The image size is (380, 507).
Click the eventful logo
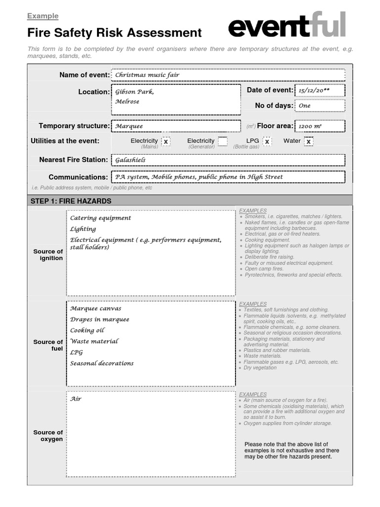pyautogui.click(x=286, y=26)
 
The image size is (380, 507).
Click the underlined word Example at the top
pyautogui.click(x=43, y=16)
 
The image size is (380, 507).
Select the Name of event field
pyautogui.click(x=228, y=75)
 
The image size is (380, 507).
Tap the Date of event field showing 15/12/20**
pyautogui.click(x=320, y=91)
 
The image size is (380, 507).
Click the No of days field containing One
pyautogui.click(x=320, y=105)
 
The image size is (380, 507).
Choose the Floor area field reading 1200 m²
pyautogui.click(x=320, y=126)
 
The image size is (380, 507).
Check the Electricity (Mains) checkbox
pyautogui.click(x=166, y=142)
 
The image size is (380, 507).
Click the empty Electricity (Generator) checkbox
pyautogui.click(x=223, y=142)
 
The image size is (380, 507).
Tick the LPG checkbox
pyautogui.click(x=267, y=142)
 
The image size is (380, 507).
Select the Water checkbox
pyautogui.click(x=308, y=142)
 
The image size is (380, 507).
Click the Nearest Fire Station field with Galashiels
pyautogui.click(x=228, y=160)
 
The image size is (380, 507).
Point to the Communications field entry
pyautogui.click(x=228, y=177)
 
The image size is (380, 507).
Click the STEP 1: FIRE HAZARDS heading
pyautogui.click(x=71, y=201)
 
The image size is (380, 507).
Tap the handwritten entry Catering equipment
pyautogui.click(x=100, y=218)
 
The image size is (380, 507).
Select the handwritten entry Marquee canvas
pyautogui.click(x=95, y=308)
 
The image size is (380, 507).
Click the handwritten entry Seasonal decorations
pyautogui.click(x=102, y=363)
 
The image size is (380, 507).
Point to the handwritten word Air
pyautogui.click(x=75, y=399)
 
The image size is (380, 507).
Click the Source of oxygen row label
pyautogui.click(x=48, y=436)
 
